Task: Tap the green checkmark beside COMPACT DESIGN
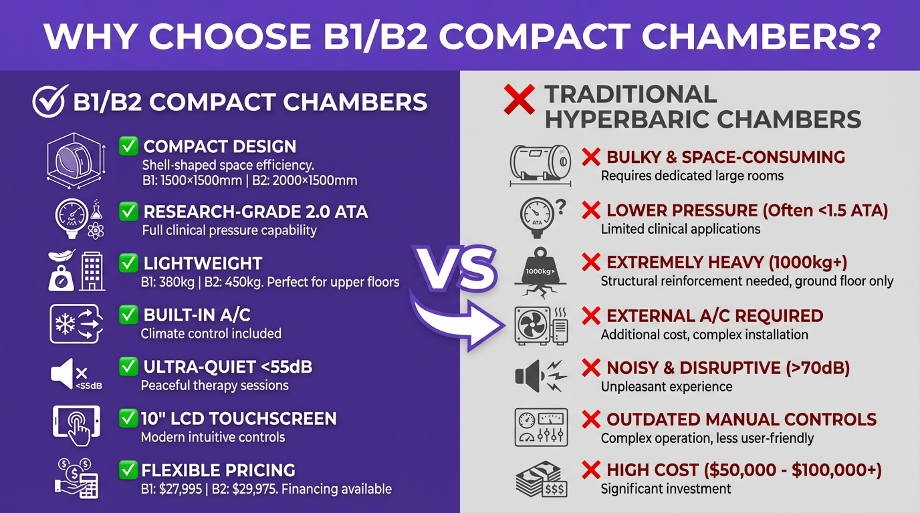tap(128, 146)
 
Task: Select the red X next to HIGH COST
tap(590, 470)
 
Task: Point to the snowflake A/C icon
tap(76, 323)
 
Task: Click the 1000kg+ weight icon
tap(541, 271)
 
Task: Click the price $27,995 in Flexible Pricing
tap(183, 489)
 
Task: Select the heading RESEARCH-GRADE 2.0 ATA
tap(255, 212)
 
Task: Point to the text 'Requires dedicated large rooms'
tap(692, 176)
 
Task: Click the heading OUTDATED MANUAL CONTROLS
tap(741, 419)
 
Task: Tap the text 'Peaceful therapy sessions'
tap(215, 385)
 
